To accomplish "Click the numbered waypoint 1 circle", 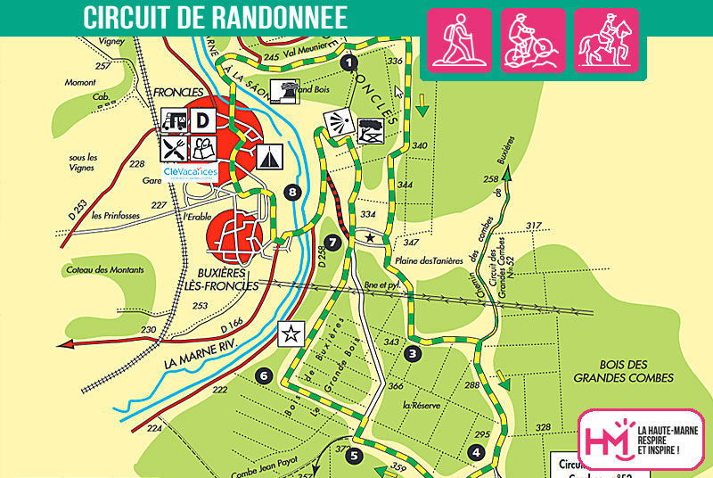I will (x=348, y=62).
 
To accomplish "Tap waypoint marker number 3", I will (x=413, y=353).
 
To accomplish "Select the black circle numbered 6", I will (x=263, y=375).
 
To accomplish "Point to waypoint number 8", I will (x=291, y=192).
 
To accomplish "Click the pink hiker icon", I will (x=460, y=40).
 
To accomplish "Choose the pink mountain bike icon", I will (x=532, y=40).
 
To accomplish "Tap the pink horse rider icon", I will (x=605, y=40).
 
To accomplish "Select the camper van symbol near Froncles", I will (x=174, y=119).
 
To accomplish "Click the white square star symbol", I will (x=291, y=334).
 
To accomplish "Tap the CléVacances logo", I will (x=190, y=170).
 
